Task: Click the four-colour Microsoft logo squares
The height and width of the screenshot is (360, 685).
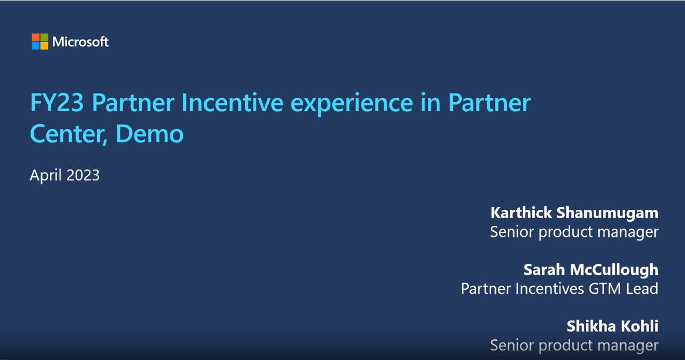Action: [40, 42]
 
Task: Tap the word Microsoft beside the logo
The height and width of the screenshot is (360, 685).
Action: [80, 42]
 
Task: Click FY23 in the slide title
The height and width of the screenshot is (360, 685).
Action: [57, 103]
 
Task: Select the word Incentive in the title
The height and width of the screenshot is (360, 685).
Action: [232, 103]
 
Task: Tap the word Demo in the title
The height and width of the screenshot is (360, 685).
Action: [150, 134]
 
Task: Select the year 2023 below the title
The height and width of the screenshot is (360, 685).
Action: [83, 175]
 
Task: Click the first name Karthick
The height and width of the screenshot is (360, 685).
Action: [521, 212]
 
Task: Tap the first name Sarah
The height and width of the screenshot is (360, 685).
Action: [544, 270]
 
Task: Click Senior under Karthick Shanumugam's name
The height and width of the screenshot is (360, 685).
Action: [512, 232]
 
